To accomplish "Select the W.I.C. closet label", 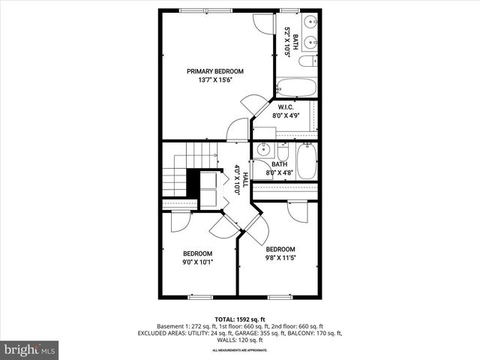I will (284, 107).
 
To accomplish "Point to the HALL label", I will (244, 182).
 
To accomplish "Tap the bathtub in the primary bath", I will (297, 88).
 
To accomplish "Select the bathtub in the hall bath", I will (307, 160).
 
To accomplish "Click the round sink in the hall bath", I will (262, 150).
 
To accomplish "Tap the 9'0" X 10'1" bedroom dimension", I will (197, 262).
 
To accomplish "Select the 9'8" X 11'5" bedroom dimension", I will (280, 258).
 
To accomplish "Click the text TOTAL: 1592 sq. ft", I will (239, 319).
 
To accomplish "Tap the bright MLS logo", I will (30, 349).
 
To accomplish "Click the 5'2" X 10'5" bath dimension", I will (286, 43).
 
